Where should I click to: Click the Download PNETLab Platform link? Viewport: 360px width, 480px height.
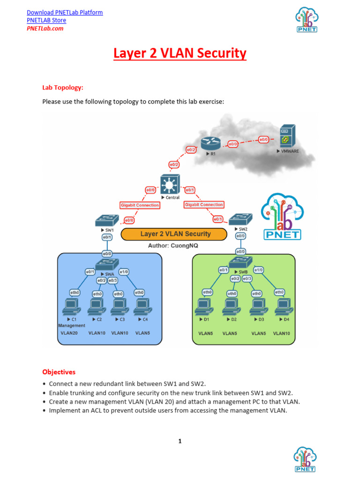(x=65, y=12)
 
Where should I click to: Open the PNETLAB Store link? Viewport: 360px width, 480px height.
(x=46, y=20)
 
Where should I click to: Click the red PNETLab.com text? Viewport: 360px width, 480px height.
(x=45, y=28)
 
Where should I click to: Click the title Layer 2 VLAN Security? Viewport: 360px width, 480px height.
(x=180, y=53)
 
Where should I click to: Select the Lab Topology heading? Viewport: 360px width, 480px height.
(x=63, y=87)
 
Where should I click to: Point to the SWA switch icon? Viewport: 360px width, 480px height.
(x=107, y=264)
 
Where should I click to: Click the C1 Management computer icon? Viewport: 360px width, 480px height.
(x=72, y=307)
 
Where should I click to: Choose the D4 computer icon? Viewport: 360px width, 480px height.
(x=283, y=307)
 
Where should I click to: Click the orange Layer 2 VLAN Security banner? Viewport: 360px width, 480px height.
(x=175, y=234)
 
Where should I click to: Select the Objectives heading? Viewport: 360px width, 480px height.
(x=59, y=372)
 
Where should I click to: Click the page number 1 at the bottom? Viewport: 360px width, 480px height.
(x=180, y=441)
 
